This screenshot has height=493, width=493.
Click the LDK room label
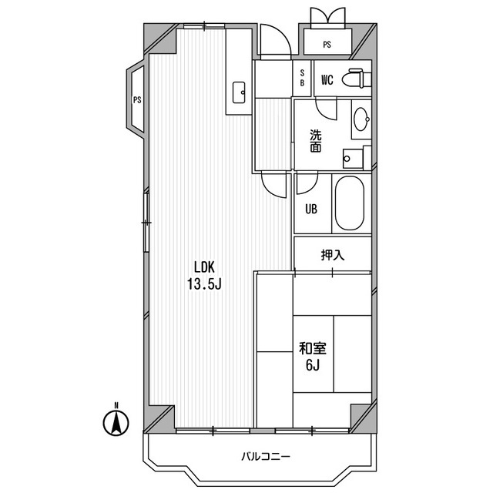click(x=204, y=267)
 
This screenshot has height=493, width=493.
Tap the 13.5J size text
click(x=204, y=284)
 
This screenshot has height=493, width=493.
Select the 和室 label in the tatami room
click(x=313, y=348)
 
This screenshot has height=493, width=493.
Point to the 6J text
click(x=313, y=365)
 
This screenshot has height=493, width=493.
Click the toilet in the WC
click(x=357, y=78)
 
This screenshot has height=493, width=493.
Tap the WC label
click(x=327, y=80)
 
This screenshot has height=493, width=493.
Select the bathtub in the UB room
click(x=349, y=203)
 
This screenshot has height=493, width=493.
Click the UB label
click(x=311, y=209)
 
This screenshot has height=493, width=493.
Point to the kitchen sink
click(x=239, y=92)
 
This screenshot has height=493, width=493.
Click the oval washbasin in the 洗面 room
click(x=361, y=119)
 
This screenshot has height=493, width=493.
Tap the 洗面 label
click(x=316, y=141)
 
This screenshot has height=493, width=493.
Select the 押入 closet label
click(x=333, y=255)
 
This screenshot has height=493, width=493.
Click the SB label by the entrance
click(x=302, y=78)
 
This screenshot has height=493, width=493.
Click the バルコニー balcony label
click(x=266, y=456)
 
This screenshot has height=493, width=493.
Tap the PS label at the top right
click(x=327, y=45)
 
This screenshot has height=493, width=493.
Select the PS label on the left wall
click(x=137, y=100)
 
